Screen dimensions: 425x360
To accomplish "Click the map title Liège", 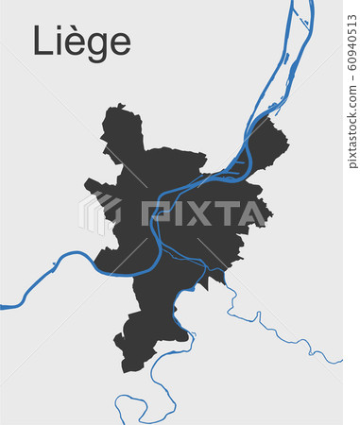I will point(82,42).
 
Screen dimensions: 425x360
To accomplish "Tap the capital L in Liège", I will point(42,41).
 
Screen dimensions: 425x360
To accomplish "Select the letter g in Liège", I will point(96,46).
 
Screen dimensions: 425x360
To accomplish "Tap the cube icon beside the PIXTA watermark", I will point(98,213).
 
